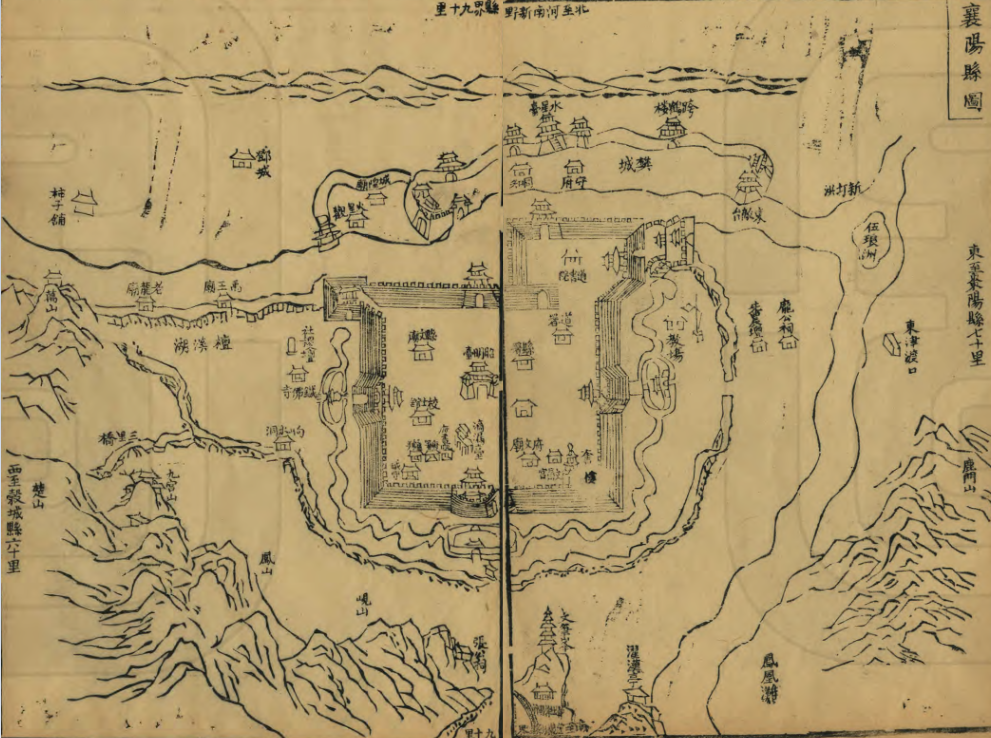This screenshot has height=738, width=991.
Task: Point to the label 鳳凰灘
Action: point(769,678)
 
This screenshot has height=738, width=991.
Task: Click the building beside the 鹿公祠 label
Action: point(789,341)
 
